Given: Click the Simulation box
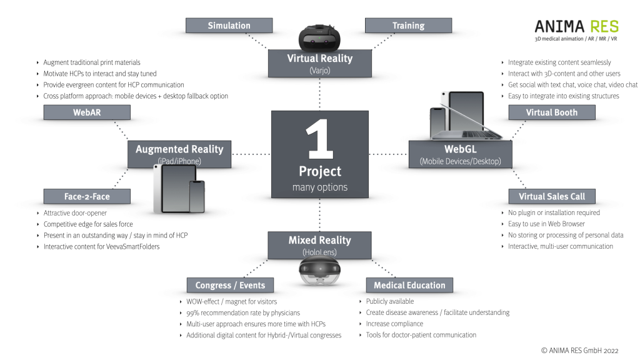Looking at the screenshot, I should click(x=229, y=26).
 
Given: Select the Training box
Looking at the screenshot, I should click(x=408, y=26).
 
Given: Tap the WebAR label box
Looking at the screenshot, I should click(x=87, y=112).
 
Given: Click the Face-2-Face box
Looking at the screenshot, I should click(x=87, y=196).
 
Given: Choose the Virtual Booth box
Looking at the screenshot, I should click(x=552, y=112).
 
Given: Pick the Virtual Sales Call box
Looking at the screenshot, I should click(x=552, y=196).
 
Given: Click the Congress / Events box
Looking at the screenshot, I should click(x=230, y=285).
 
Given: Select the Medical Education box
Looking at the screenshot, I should click(x=409, y=285).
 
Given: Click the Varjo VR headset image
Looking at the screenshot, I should click(x=319, y=38).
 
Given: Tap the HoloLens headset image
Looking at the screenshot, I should click(x=319, y=272).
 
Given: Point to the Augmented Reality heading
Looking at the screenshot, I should click(x=179, y=149).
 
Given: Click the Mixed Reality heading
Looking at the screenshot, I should click(x=319, y=240).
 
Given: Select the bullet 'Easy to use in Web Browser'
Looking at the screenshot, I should click(x=546, y=224).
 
